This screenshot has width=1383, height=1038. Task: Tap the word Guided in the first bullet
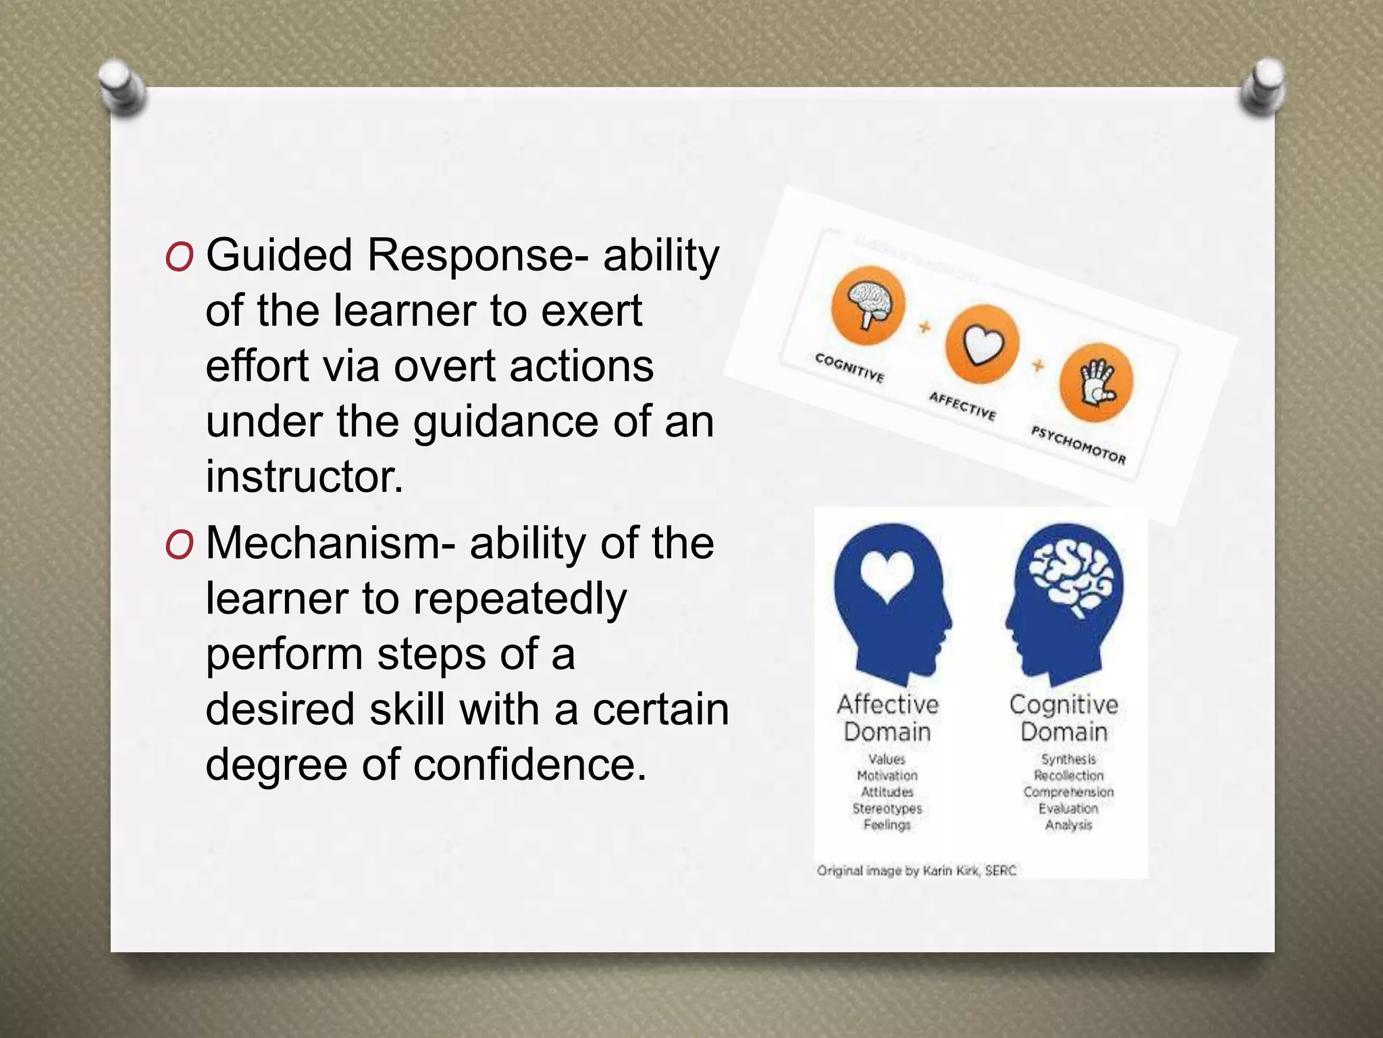tap(279, 255)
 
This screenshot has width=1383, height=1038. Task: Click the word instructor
tap(304, 476)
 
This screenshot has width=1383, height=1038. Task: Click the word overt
tap(446, 366)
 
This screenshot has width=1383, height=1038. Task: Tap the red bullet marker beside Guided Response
tap(179, 257)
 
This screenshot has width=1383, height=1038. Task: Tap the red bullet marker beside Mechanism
tap(179, 545)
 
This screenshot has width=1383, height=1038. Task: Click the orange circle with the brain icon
tap(868, 306)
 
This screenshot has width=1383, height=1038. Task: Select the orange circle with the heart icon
tap(981, 344)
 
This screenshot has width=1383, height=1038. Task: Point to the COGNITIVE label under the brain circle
tap(850, 367)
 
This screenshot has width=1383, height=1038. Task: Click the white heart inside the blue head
tap(887, 576)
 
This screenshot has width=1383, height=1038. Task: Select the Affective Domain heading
tap(887, 718)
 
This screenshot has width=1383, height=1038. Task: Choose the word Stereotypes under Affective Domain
tap(887, 808)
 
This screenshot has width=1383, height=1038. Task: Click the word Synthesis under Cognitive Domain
tap(1068, 760)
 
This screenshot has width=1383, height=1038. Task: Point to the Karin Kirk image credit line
tap(916, 870)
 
